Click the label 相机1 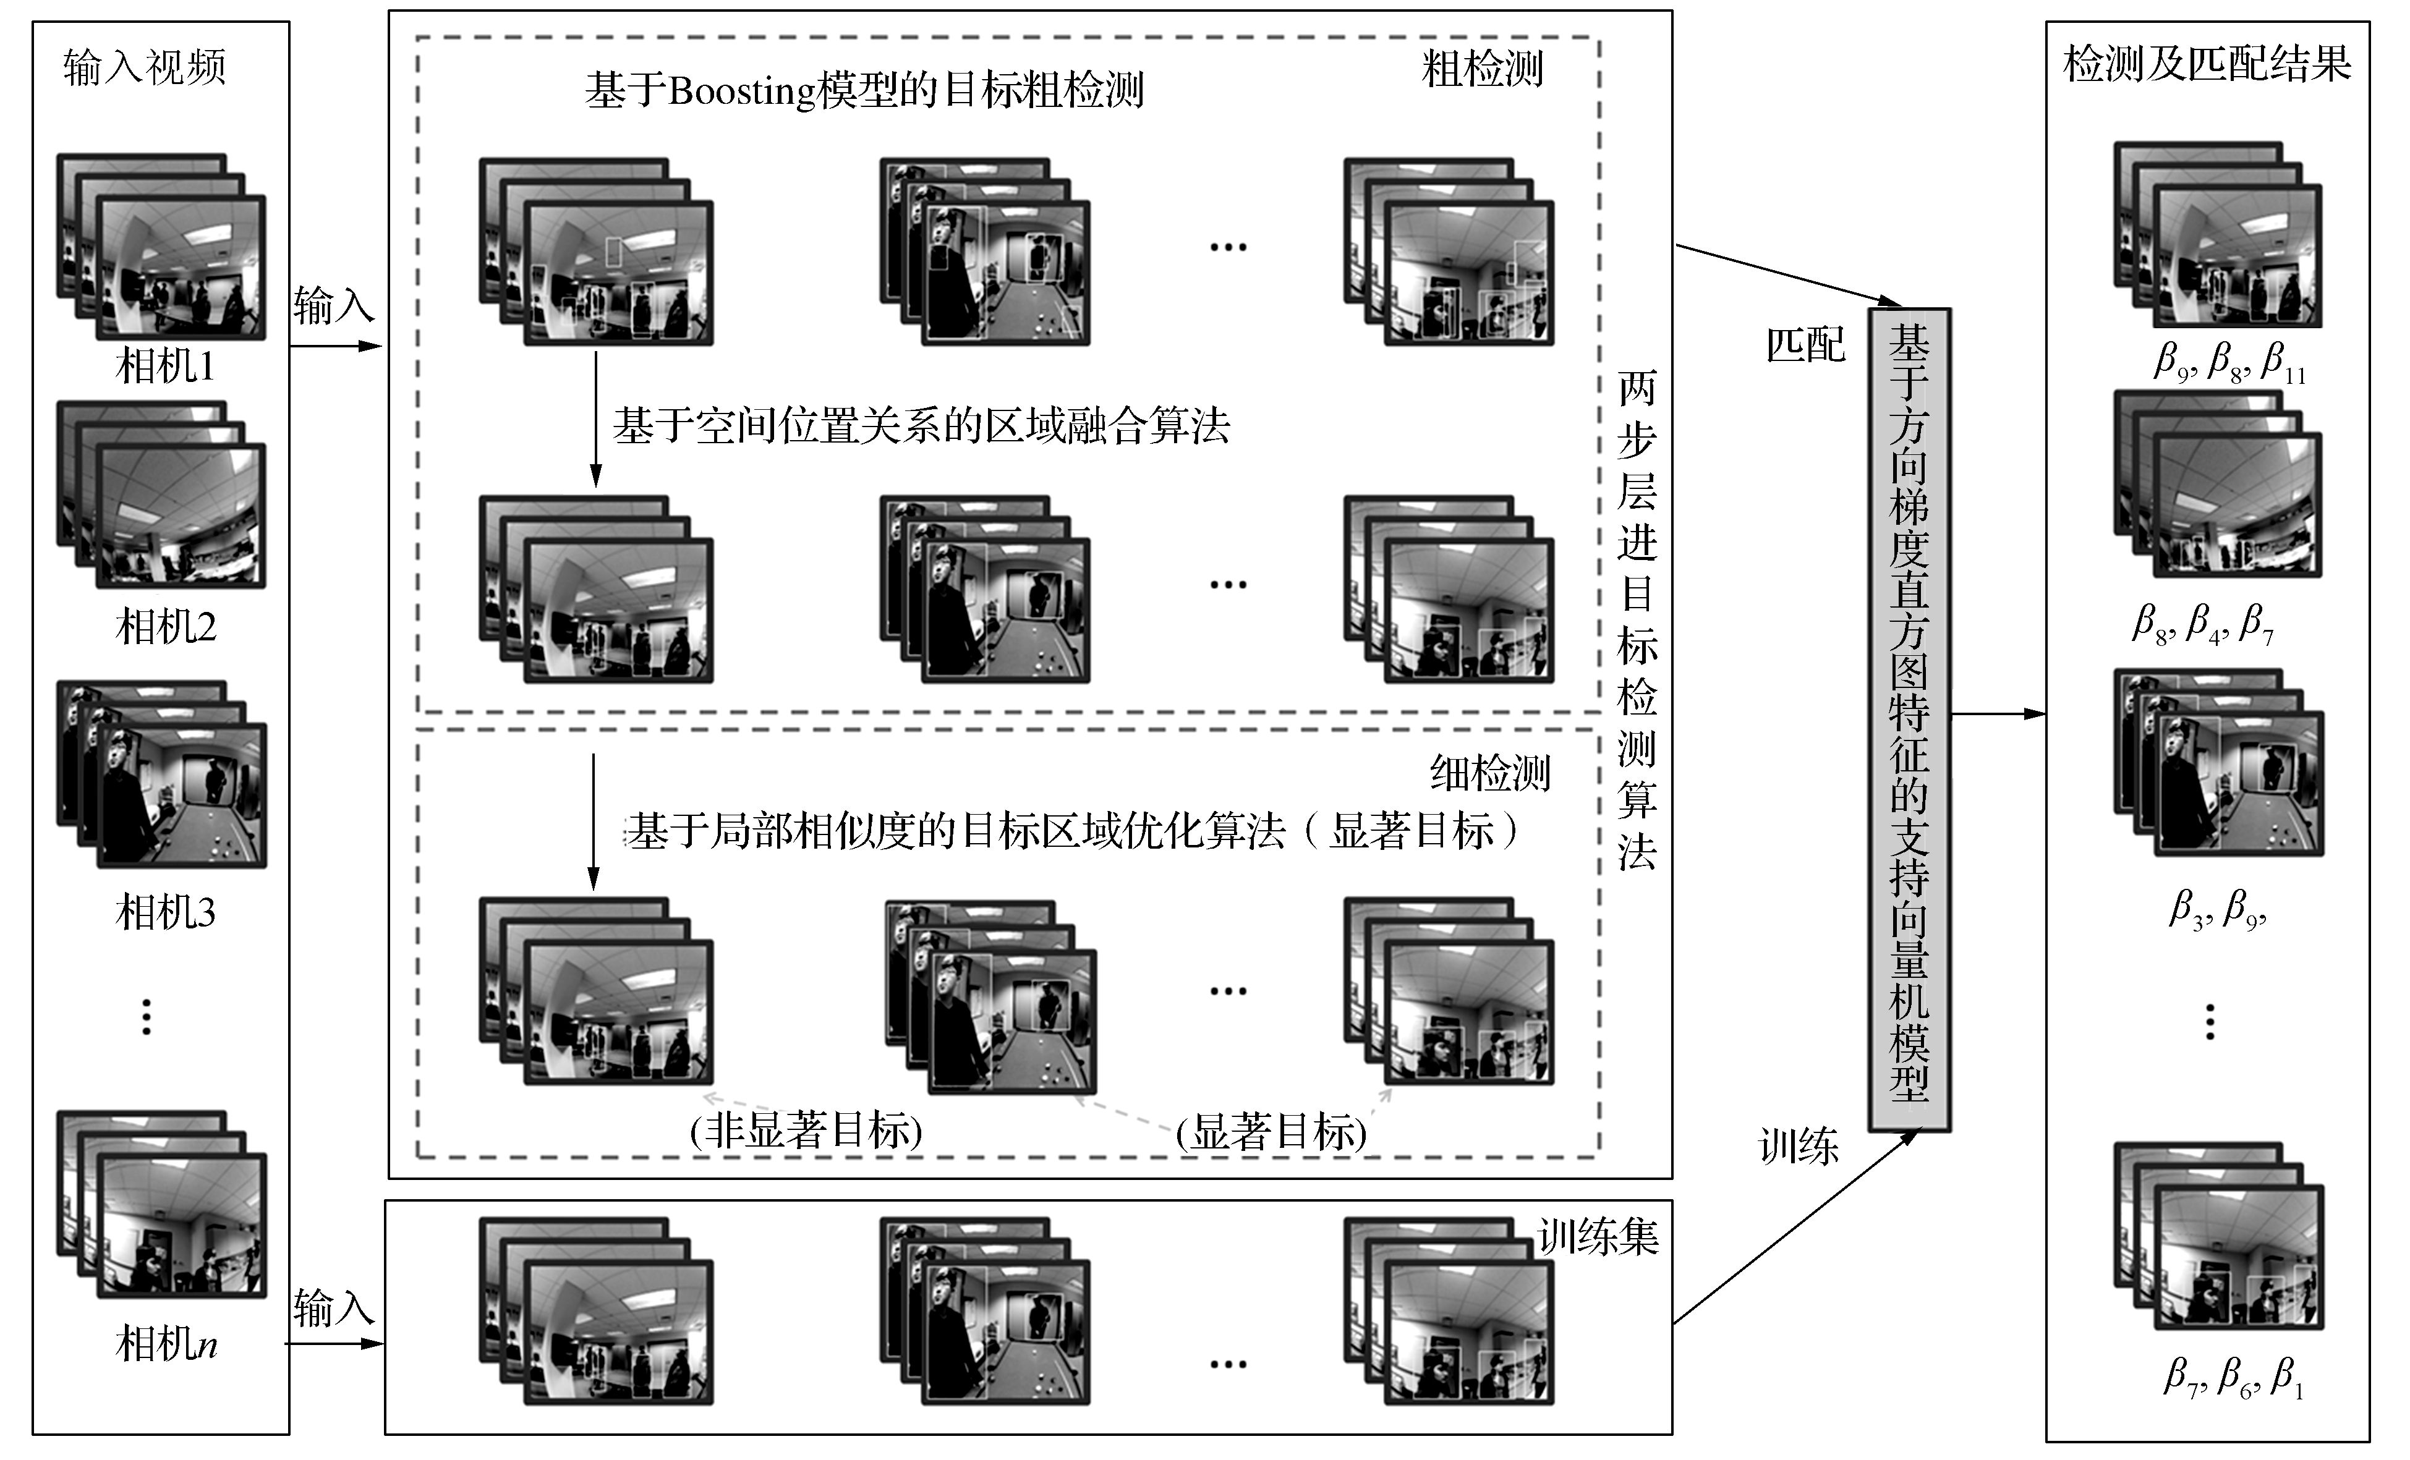(x=164, y=367)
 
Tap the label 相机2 (x=165, y=627)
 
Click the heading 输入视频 (x=145, y=67)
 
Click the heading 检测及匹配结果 (x=2207, y=64)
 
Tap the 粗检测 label (x=1482, y=69)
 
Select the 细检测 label (x=1489, y=773)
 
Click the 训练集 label (x=1597, y=1237)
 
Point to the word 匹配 (x=1805, y=345)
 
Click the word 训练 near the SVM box (x=1799, y=1146)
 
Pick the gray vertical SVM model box (x=1909, y=719)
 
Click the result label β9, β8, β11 (x=2229, y=362)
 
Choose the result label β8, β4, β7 (x=2203, y=623)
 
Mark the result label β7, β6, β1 (x=2232, y=1376)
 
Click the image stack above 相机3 (x=161, y=773)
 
